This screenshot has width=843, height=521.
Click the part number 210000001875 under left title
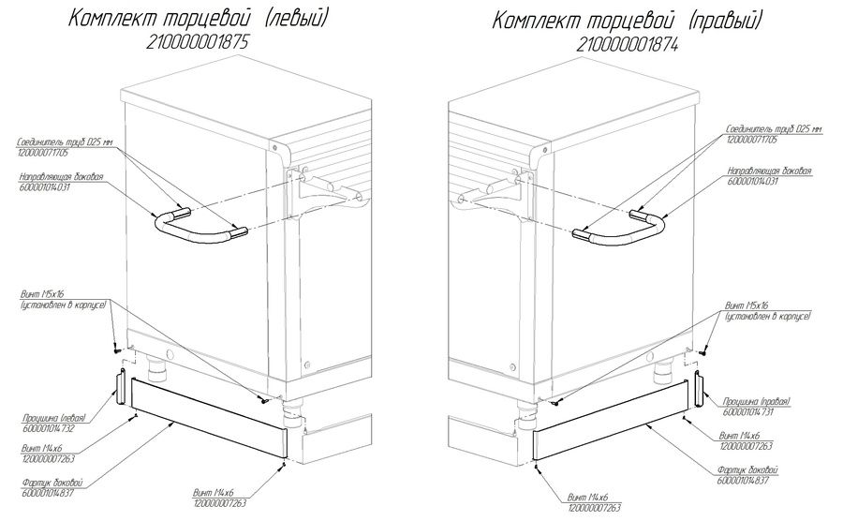[x=200, y=41]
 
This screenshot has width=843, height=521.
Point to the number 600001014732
[x=52, y=428]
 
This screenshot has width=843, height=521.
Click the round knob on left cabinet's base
[x=170, y=354]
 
